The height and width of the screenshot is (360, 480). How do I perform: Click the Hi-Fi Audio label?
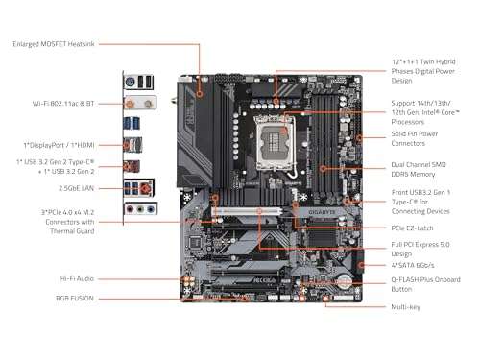pos(75,278)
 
